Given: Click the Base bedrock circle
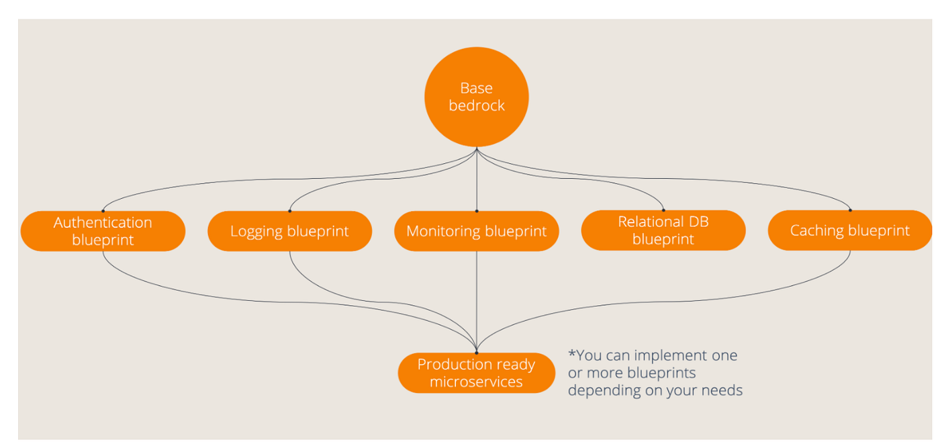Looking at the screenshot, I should [476, 97].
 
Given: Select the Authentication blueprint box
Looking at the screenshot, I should [103, 231].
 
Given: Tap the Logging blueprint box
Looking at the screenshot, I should [289, 231].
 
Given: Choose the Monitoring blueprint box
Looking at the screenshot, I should [476, 231].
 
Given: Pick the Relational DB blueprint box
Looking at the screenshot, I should [663, 230].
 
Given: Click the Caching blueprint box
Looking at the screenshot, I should [849, 230].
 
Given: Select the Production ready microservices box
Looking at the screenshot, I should [476, 373].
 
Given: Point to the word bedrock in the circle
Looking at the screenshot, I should [476, 106].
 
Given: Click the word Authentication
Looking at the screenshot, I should [103, 222].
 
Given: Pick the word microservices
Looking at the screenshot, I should [476, 382].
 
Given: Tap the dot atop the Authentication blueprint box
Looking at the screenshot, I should [103, 211].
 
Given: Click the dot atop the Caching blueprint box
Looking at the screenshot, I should [850, 210].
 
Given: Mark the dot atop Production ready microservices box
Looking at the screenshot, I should [476, 353].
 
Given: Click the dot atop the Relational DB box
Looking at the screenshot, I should [663, 210].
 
